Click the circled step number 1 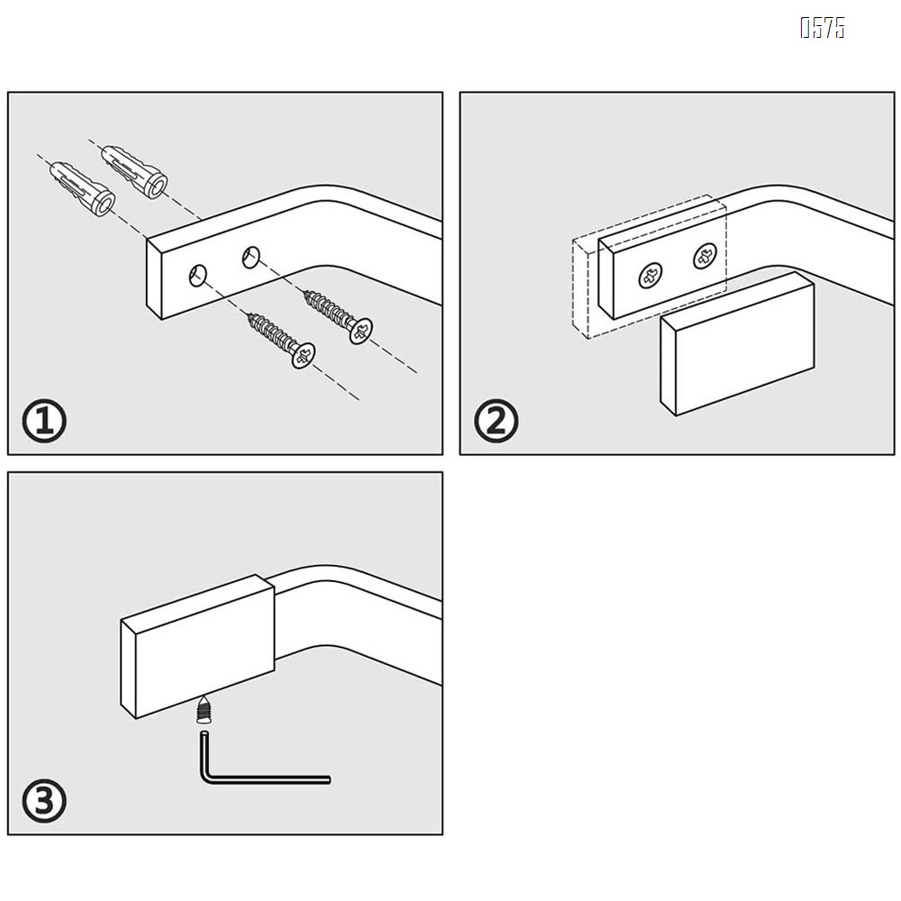click(x=44, y=421)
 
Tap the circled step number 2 click(x=496, y=421)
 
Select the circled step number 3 click(x=44, y=801)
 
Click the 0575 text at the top click(x=823, y=28)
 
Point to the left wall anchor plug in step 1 click(x=83, y=188)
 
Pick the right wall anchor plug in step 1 click(x=134, y=172)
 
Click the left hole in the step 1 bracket click(x=197, y=275)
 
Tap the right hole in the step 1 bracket click(x=250, y=257)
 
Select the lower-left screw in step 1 click(x=281, y=341)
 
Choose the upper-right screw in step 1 click(x=338, y=317)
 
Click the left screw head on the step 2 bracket click(x=651, y=276)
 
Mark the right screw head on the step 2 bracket click(x=705, y=256)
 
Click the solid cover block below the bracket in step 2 click(x=737, y=343)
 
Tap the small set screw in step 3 click(x=203, y=709)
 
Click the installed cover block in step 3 click(x=197, y=646)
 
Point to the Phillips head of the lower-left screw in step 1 click(x=304, y=356)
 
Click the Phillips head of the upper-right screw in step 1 click(x=360, y=331)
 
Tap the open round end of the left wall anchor click(x=104, y=204)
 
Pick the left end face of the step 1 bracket click(x=154, y=279)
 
